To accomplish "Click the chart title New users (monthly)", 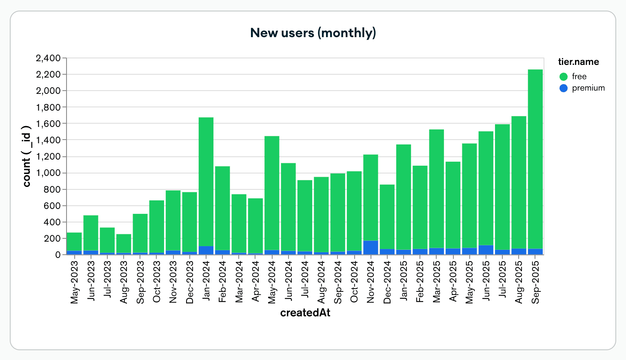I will (313, 33).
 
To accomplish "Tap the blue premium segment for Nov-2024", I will (371, 248).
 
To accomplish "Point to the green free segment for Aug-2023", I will (124, 243).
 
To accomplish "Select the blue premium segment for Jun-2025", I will (486, 250).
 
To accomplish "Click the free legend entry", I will (579, 76).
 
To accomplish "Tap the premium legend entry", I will (588, 88).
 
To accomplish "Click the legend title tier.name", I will (578, 62).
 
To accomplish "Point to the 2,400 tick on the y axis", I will (48, 58).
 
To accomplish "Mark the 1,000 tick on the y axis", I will (48, 173).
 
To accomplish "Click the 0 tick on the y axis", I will (58, 255).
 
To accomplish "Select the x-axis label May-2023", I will (74, 282).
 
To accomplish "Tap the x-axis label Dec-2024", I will (387, 282).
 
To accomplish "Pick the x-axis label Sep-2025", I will (535, 282).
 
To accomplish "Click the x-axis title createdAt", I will (305, 313).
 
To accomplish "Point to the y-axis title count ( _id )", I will (27, 156).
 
